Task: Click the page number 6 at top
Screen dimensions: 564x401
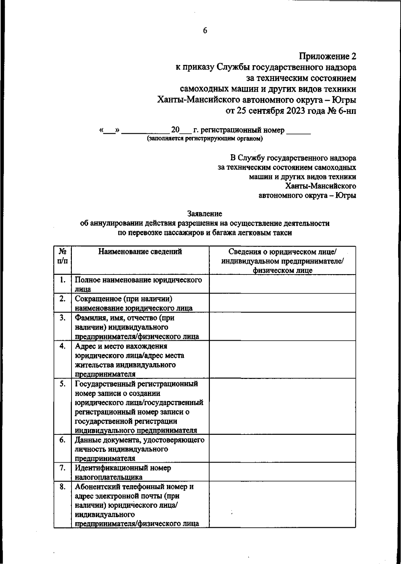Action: [205, 30]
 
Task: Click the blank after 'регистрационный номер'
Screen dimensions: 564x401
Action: [299, 131]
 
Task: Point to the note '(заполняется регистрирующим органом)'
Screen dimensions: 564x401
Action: [205, 138]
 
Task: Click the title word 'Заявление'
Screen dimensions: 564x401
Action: [205, 213]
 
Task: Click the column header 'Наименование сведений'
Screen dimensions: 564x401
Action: [140, 252]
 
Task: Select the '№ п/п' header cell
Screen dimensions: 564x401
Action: [62, 256]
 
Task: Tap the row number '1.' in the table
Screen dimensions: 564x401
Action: [62, 280]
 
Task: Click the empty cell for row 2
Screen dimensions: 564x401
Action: [282, 303]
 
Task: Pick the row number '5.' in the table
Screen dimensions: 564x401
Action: [62, 384]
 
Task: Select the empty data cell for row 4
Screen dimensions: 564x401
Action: [282, 359]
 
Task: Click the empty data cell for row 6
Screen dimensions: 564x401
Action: [282, 449]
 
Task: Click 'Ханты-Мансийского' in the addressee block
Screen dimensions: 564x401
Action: [320, 186]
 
